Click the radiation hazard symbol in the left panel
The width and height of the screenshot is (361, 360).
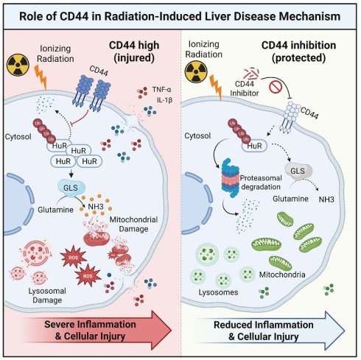18,65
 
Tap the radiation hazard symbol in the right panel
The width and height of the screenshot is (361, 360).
196,72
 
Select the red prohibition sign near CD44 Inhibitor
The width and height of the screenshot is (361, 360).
276,87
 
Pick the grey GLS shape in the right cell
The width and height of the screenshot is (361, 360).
298,172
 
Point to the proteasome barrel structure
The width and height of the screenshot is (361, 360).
231,178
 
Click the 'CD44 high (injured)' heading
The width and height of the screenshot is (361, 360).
134,52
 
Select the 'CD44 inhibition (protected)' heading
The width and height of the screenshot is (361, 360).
298,52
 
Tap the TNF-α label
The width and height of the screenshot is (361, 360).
161,90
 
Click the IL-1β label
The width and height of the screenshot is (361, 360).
164,100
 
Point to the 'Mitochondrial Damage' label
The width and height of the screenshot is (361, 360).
133,225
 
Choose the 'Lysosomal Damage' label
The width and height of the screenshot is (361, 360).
47,295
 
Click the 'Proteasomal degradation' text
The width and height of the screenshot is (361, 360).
261,183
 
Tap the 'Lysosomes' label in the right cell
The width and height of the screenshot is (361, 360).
218,292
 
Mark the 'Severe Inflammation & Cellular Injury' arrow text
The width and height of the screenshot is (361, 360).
90,330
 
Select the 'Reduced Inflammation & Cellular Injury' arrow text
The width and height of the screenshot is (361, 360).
264,331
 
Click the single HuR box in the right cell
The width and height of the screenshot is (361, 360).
254,146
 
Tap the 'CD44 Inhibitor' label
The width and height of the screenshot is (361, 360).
244,88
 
